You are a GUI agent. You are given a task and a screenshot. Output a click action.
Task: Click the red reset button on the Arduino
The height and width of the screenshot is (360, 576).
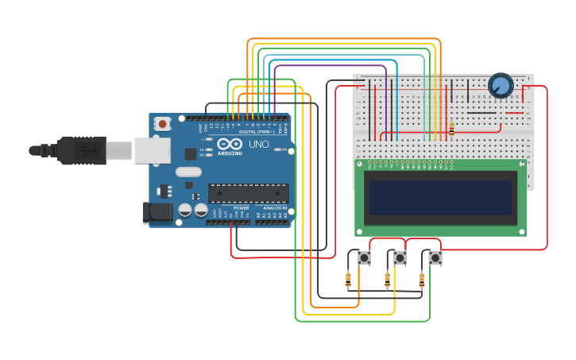(162, 123)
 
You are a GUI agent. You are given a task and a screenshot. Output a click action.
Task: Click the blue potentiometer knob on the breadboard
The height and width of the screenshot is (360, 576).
(501, 85)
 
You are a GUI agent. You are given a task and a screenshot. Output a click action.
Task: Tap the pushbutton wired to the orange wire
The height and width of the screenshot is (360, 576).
(364, 257)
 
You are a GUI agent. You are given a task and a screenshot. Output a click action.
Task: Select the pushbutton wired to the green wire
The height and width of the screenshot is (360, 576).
(435, 257)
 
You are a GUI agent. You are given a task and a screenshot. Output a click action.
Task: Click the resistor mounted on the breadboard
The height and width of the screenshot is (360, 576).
(451, 129)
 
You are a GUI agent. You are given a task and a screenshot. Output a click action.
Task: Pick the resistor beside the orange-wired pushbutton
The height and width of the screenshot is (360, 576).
(348, 279)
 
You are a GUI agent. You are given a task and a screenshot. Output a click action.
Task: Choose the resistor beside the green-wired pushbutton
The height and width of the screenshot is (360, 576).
(421, 279)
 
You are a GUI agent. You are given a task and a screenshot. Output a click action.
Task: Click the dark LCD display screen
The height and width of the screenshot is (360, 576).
(439, 197)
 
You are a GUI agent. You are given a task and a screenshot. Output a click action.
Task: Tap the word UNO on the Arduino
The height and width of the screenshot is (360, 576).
(259, 145)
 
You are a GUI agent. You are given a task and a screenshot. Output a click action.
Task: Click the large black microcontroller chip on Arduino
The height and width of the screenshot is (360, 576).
(248, 193)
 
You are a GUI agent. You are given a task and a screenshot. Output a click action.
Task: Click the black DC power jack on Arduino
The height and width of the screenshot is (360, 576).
(156, 211)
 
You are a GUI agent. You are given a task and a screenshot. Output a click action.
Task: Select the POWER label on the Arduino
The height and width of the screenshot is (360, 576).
(241, 208)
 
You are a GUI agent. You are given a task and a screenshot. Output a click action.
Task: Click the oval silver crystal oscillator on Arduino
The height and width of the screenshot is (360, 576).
(188, 172)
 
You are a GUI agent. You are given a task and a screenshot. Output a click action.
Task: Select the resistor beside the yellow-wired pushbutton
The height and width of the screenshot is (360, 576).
(387, 279)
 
